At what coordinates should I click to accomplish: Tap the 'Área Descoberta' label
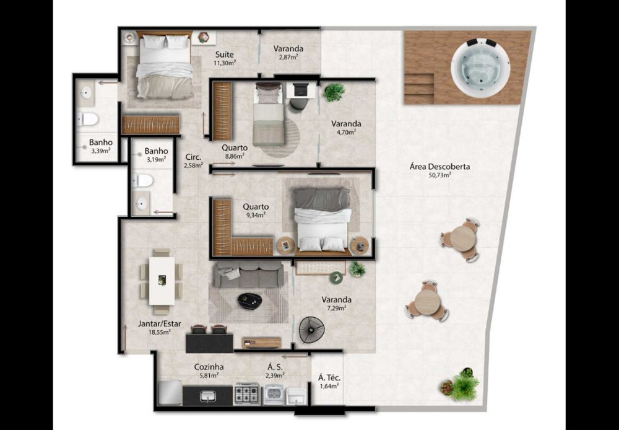(439, 167)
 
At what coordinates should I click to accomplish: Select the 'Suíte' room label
(224, 55)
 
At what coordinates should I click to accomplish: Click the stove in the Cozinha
(247, 394)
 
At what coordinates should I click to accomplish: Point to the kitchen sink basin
(207, 396)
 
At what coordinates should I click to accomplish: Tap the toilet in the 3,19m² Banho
(142, 181)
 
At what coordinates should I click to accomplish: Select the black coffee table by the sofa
(250, 301)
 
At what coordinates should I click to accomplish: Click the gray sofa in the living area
(249, 274)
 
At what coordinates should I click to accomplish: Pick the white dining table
(162, 280)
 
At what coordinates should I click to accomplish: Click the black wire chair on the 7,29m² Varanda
(312, 330)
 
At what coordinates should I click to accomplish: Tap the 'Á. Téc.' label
(329, 378)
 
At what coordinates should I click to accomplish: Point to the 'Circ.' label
(193, 157)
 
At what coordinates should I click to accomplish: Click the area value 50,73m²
(439, 175)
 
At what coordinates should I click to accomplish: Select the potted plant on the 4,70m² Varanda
(334, 92)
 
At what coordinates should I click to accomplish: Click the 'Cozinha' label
(209, 367)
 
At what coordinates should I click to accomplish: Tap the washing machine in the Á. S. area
(274, 394)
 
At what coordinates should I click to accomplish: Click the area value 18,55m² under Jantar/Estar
(160, 332)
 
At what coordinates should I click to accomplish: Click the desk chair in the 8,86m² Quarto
(298, 104)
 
